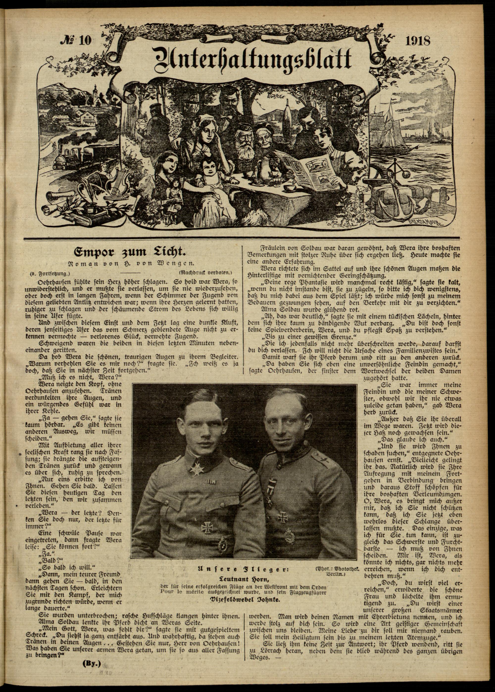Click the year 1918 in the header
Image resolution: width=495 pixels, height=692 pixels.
pos(418,41)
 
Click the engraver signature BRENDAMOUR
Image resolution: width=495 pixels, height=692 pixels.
pos(422,221)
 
